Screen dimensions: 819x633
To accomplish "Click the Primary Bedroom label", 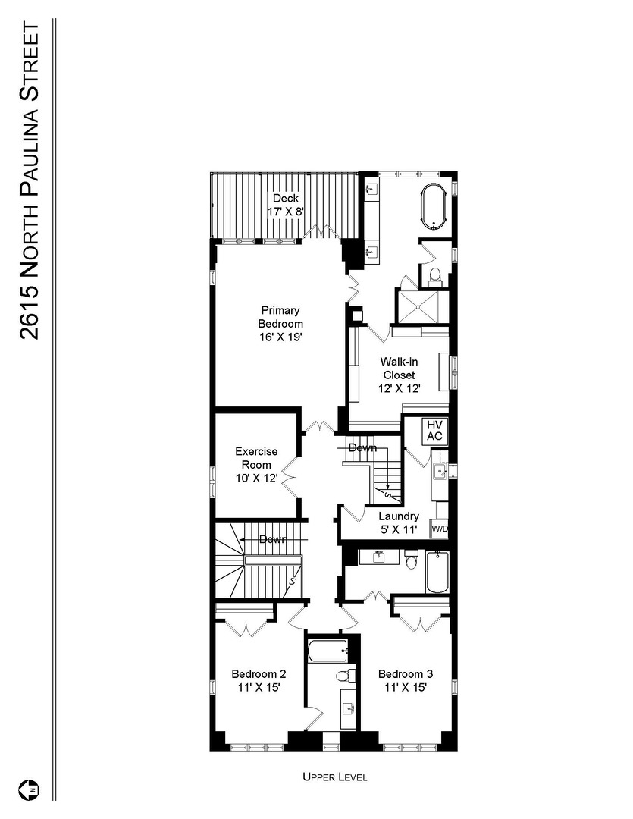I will coord(280,324).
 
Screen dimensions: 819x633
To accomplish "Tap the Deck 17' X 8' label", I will coord(287,205).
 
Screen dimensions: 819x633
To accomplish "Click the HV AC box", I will coord(435,431).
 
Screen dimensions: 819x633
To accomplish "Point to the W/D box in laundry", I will coord(439,529).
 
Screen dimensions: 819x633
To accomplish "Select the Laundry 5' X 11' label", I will coord(399,522).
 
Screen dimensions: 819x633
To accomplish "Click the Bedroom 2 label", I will coord(259,681).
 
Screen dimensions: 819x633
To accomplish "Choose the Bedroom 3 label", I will coord(406,681).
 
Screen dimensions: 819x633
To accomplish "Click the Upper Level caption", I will coord(335,777).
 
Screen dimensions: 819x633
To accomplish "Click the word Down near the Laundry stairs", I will coord(362,448).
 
